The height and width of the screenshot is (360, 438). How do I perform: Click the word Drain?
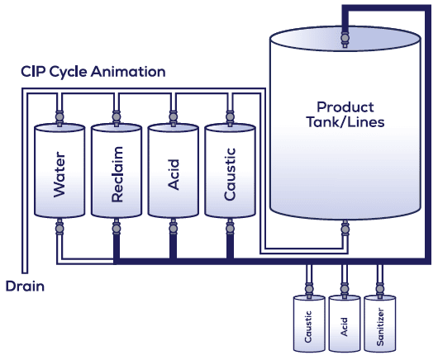25,287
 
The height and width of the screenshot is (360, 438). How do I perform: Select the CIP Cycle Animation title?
93,72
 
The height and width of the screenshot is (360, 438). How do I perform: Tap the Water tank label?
60,174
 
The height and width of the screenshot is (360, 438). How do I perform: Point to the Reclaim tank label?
117,174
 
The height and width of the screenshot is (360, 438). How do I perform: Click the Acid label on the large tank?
174,175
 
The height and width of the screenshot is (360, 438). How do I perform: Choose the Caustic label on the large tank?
230,174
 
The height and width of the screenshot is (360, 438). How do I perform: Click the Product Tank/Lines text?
345,115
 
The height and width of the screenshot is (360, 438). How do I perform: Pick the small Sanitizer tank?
380,324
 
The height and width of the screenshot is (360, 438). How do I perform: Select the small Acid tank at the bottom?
345,324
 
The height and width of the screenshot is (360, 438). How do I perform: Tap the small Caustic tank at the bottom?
309,324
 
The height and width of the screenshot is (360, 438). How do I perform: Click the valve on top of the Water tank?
60,116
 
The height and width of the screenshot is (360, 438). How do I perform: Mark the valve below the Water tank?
60,229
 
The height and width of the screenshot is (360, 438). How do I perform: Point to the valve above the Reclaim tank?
117,116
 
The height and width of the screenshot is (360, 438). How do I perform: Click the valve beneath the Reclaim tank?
117,229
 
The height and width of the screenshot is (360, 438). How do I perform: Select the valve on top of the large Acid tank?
174,116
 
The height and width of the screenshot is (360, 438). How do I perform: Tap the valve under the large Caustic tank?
230,229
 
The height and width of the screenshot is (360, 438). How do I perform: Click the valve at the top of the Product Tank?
345,38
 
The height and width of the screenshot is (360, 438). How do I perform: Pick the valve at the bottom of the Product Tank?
345,230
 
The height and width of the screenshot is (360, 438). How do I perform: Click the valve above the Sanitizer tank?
380,288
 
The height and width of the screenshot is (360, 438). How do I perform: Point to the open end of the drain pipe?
25,272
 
